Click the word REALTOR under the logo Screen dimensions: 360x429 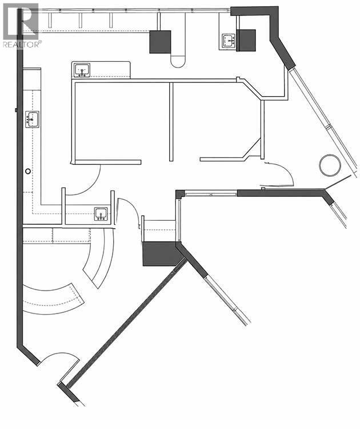[x=21, y=44]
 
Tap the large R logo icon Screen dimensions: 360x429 [x=21, y=21]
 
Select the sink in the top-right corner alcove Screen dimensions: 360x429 [x=228, y=41]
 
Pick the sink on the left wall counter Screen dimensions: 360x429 [x=32, y=120]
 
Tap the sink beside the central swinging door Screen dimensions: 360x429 [x=101, y=214]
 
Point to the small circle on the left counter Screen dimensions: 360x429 [x=28, y=171]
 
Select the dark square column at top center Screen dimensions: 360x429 [x=160, y=42]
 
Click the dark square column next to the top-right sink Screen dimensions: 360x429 [x=246, y=41]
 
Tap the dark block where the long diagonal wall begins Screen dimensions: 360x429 [x=162, y=253]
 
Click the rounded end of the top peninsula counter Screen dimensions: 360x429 [x=178, y=62]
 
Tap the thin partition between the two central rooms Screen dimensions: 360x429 [x=171, y=122]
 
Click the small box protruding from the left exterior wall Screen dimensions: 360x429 [x=16, y=110]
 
